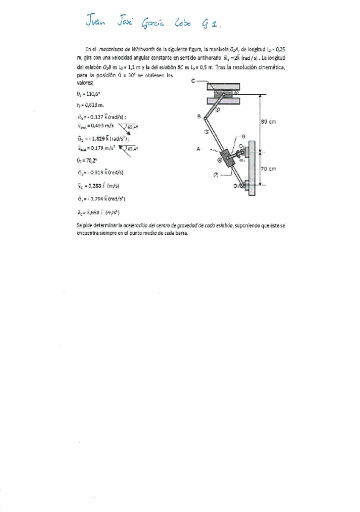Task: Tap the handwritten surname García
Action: tap(153, 24)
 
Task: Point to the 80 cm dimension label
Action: tap(268, 122)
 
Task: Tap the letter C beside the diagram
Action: tap(193, 81)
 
